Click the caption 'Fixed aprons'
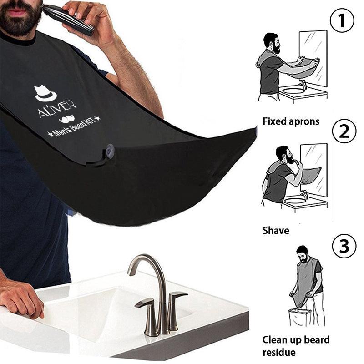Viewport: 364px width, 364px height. tap(291, 121)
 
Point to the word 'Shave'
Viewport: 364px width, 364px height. tap(276, 231)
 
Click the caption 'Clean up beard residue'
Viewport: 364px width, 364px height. tap(296, 346)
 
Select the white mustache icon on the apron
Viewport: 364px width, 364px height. tap(67, 120)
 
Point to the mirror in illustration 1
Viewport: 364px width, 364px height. tap(313, 55)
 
